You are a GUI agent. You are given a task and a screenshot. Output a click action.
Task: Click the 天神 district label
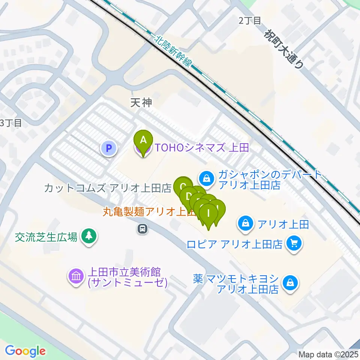(x=141, y=103)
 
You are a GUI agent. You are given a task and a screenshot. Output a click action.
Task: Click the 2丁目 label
(x=250, y=21)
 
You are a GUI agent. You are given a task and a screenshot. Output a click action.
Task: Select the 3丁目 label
(x=11, y=123)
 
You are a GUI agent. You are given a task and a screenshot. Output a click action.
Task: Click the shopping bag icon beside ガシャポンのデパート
(x=207, y=178)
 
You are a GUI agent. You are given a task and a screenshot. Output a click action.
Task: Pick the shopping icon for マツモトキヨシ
(x=291, y=283)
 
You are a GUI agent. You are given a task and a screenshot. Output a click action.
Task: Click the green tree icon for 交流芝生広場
(x=89, y=236)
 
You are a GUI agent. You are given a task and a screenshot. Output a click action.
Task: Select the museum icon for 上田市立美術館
(x=76, y=277)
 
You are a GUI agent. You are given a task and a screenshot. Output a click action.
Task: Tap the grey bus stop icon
(x=142, y=228)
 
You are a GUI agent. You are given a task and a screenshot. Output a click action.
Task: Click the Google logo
(x=25, y=351)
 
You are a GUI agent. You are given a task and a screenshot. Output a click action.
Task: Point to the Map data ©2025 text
(x=328, y=354)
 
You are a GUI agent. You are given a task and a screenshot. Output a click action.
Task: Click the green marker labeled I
(x=208, y=215)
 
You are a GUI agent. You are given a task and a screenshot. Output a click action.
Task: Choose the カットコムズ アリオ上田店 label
(x=107, y=188)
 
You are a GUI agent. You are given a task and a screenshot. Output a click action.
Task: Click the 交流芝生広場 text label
(x=46, y=237)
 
